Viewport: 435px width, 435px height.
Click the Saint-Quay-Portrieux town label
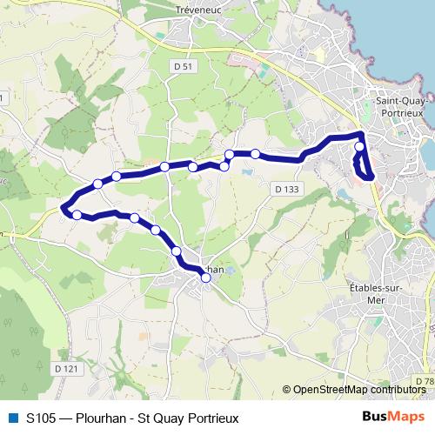coord(399,107)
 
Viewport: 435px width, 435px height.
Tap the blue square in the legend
coord(11,418)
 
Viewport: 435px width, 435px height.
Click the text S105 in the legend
coord(43,418)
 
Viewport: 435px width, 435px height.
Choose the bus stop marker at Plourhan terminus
coord(206,278)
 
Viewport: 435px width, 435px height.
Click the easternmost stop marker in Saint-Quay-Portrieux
coord(359,148)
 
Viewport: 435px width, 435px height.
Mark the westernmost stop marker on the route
coord(77,215)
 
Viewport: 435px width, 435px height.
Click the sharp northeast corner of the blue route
coord(362,134)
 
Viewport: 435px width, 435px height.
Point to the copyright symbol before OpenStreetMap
coord(288,390)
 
